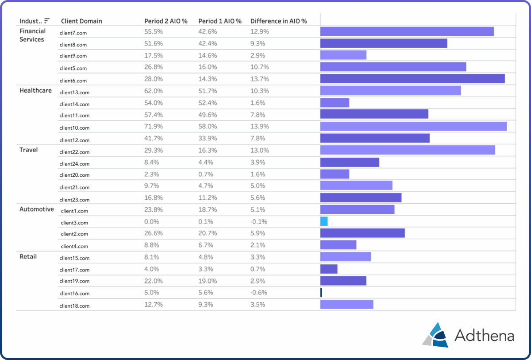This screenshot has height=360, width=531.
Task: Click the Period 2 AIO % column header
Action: coord(165,21)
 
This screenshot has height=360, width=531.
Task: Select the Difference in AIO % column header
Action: coord(278,21)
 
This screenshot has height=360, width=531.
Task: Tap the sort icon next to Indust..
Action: coord(47,21)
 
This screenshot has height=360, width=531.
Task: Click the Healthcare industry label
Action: coord(35,90)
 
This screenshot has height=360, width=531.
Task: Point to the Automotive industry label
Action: coord(37,209)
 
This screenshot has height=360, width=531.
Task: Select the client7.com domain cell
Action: coord(73,32)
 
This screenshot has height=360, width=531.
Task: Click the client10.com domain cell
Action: coord(74,128)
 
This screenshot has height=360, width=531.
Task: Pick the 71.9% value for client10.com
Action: coord(154,127)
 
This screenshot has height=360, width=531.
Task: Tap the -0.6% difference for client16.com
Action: coord(259,292)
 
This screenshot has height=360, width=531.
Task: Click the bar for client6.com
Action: coord(412,78)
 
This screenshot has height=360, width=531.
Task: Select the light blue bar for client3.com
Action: coord(324,221)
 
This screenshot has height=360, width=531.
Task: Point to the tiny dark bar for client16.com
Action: coord(321,292)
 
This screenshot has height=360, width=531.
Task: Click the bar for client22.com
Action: coord(407,150)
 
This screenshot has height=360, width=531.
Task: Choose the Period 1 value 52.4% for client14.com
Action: coord(208,103)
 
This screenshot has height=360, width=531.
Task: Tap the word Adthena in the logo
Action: coord(484,336)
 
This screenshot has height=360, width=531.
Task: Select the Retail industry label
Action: coord(28,256)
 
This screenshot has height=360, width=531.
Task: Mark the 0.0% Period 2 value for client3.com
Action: coord(152,221)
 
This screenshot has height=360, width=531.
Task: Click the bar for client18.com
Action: coord(346,304)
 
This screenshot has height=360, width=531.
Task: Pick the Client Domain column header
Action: coord(81,21)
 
